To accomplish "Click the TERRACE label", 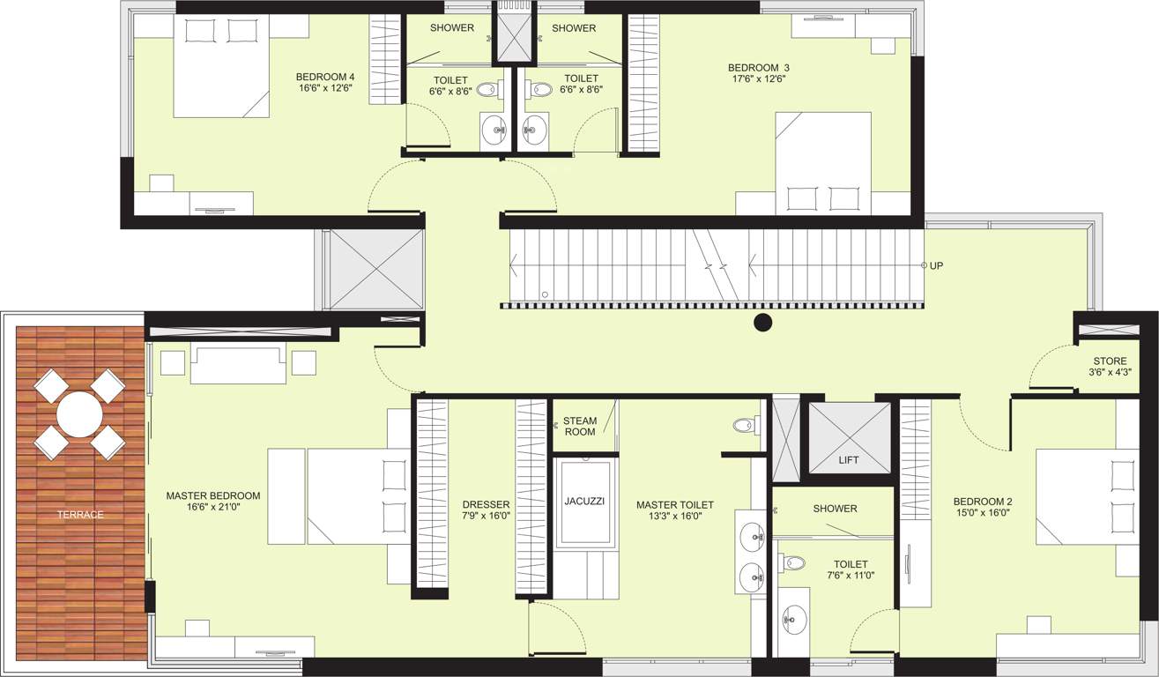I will pos(81,514).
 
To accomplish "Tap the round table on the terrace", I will pos(80,414).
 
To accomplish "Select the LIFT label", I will pos(849,460).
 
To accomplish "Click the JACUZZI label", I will pos(584,501).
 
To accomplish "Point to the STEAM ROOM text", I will pos(580,427).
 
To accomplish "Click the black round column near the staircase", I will pos(763,323).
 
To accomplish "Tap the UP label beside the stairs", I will pos(936,265).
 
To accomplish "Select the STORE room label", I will pos(1110,361).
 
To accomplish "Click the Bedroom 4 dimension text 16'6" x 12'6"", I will pos(325,87).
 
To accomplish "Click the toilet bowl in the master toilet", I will pos(746,426).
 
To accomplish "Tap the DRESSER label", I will pos(486,505).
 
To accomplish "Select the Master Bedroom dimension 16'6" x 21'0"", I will pos(213,507).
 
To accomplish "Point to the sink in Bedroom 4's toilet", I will pos(496,130).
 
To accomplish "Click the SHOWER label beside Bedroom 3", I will pos(574,28).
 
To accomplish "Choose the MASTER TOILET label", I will pos(675,505).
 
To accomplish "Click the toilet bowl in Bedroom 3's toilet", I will pos(539,89).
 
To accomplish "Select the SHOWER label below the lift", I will pos(835,509).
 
